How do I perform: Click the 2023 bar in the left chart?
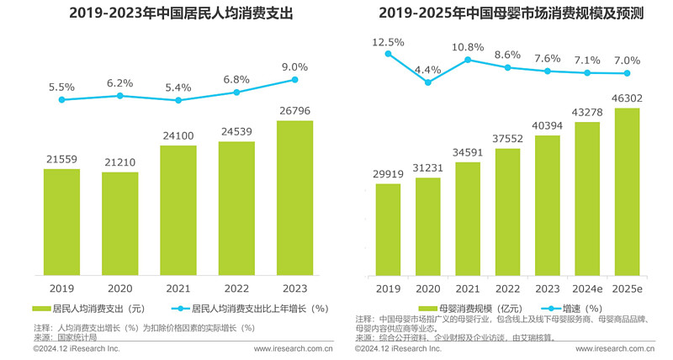click(x=294, y=198)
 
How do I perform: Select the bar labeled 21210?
click(x=119, y=223)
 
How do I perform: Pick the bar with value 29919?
click(x=388, y=229)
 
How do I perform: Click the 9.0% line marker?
click(x=295, y=80)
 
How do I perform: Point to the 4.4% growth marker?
click(x=427, y=82)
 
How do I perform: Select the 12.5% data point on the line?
click(x=388, y=54)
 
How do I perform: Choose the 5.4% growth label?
click(x=178, y=87)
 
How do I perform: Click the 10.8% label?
click(x=468, y=47)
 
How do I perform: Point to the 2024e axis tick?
click(x=586, y=288)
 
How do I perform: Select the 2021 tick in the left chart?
click(x=178, y=288)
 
